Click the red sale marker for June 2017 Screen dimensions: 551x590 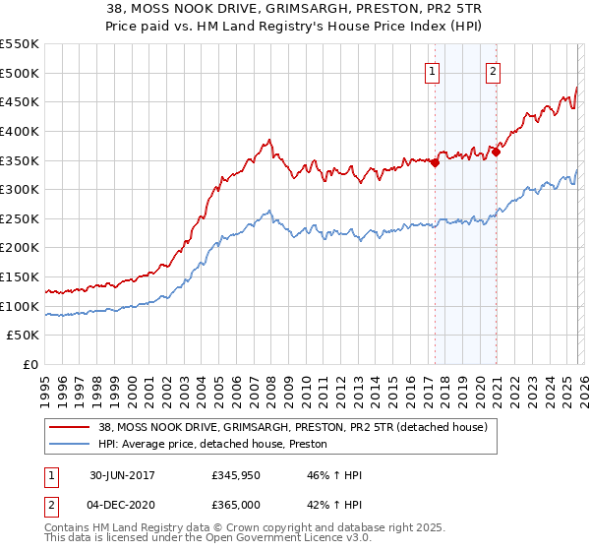435,162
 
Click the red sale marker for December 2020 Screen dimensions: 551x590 497,152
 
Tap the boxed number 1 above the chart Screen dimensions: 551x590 433,70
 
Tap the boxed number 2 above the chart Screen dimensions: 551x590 493,70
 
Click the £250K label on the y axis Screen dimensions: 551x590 20,218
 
